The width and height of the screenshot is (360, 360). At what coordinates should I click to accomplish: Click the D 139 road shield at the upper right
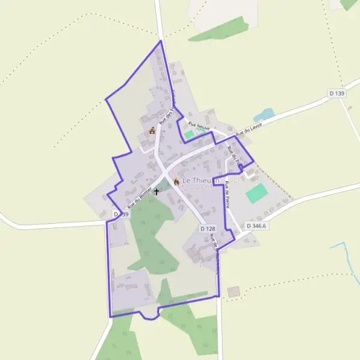tap(337, 94)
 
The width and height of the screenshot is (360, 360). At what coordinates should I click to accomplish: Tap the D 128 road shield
tap(207, 229)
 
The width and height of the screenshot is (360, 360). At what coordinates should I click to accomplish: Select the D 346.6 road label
tap(256, 226)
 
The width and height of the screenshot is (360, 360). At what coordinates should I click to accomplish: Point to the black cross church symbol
tap(157, 191)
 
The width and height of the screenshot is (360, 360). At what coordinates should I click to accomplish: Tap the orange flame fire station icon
tap(176, 181)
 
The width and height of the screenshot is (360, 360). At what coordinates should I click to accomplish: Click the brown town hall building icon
tap(152, 130)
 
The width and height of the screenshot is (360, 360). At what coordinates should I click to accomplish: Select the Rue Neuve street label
tap(199, 124)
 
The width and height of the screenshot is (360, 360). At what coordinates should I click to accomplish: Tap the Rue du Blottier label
tap(137, 197)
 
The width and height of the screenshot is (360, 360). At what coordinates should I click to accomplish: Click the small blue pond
tap(263, 114)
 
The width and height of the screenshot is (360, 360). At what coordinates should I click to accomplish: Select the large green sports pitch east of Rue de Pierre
tap(257, 193)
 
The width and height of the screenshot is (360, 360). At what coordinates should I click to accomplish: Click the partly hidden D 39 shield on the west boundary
tap(120, 214)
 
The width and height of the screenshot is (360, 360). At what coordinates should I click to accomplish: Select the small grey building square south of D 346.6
tap(233, 292)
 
